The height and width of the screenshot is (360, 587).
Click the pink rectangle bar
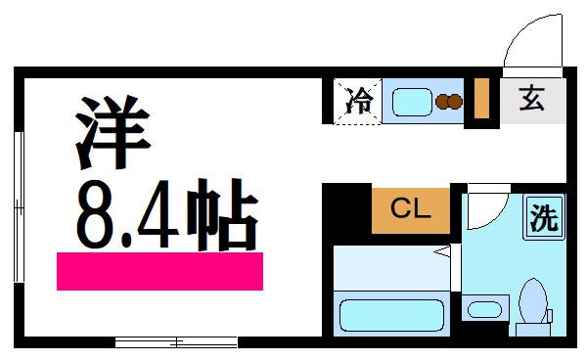[x=159, y=271]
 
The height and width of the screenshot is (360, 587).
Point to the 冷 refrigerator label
[x=359, y=101]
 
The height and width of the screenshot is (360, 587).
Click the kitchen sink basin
[x=412, y=100]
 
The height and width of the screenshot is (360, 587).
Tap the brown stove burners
[x=449, y=100]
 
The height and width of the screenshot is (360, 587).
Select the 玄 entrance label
[x=531, y=100]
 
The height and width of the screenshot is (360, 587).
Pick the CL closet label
[x=410, y=209]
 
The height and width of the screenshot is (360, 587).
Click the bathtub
[x=392, y=314]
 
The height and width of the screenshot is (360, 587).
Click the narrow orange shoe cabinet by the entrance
[x=481, y=97]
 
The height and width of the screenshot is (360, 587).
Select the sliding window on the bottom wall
[x=176, y=341]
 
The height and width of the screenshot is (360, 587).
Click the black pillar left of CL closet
[x=346, y=209]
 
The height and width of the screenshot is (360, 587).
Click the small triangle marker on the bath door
[x=442, y=253]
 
